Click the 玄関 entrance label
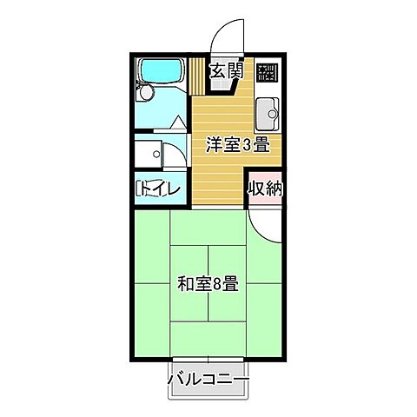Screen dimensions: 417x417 227,70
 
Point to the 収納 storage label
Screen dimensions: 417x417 265,189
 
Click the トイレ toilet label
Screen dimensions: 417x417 159,189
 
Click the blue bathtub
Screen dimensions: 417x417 162,70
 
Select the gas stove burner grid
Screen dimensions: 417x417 266,72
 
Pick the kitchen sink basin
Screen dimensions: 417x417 268,114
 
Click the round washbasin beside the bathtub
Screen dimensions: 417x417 146,93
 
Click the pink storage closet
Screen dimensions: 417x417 265,189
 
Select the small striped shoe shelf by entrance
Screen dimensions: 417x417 197,76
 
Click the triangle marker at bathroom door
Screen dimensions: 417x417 178,122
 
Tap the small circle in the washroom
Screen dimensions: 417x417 156,154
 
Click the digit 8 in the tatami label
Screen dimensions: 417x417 217,284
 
